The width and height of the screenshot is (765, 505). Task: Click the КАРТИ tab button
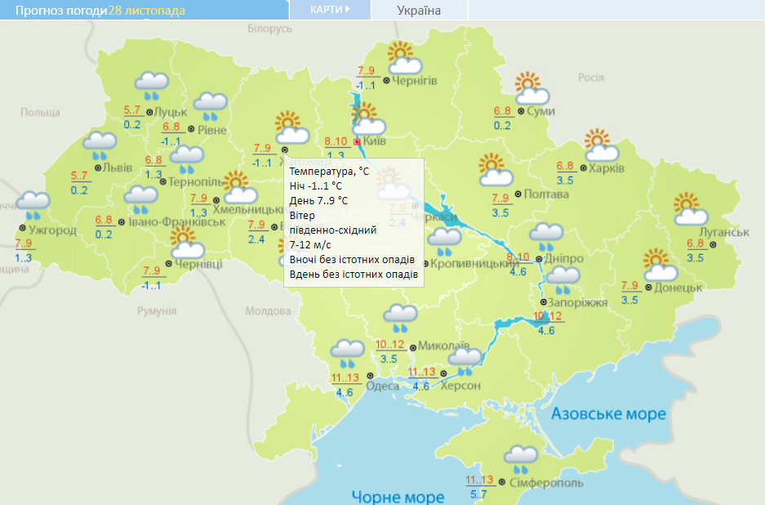330,10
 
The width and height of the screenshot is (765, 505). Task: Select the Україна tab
419,11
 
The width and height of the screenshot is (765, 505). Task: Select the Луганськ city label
718,232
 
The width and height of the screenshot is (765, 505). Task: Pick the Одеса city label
382,386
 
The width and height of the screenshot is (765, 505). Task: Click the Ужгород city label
52,230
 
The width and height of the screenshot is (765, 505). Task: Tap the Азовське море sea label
608,413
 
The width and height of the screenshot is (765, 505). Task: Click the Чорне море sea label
398,496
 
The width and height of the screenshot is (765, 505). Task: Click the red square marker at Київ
357,141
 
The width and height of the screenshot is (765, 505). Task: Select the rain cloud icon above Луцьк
152,84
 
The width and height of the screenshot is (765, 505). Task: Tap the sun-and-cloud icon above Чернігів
403,58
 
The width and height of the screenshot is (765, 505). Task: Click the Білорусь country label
269,29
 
